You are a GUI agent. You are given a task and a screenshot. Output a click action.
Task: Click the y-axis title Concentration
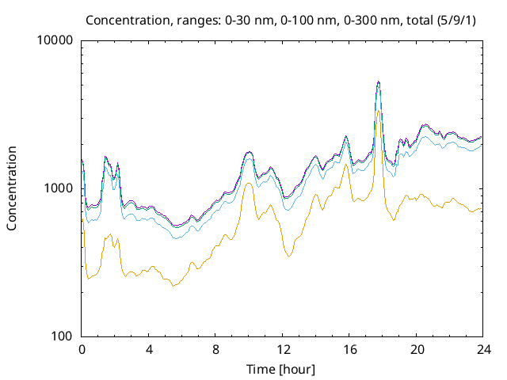point(12,188)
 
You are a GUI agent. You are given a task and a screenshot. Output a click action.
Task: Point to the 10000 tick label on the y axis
point(55,41)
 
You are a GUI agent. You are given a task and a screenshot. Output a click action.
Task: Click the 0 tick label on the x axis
point(82,349)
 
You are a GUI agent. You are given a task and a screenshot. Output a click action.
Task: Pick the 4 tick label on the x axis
point(149,349)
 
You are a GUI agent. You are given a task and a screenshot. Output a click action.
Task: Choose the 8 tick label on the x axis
point(215,349)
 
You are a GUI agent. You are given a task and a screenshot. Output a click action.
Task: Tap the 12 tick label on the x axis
point(282,349)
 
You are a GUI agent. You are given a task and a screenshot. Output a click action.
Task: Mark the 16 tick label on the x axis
point(349,349)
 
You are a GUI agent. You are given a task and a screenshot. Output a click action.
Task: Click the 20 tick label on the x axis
point(415,349)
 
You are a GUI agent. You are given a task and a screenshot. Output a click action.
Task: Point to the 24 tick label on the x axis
point(482,349)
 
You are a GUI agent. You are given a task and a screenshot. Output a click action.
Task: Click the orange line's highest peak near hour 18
point(379,111)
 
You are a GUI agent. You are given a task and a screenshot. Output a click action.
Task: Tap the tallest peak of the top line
point(379,82)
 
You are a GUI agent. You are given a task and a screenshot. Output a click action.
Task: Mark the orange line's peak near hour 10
point(249,184)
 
